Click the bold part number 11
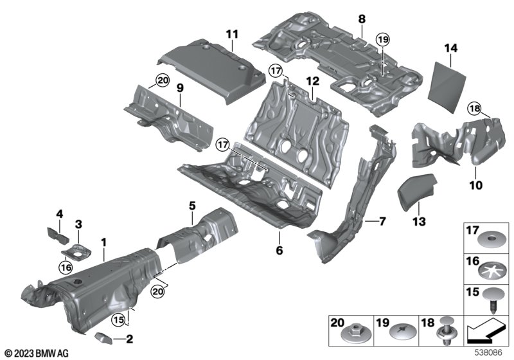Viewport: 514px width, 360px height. coord(232,34)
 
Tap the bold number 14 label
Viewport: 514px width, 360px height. coord(451,48)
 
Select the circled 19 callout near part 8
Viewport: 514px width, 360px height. coord(383,40)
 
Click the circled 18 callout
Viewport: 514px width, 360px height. coord(475,108)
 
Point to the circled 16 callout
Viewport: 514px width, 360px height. coord(66,267)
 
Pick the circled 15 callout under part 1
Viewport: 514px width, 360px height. coord(119,319)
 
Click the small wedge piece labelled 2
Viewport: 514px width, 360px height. coord(103,338)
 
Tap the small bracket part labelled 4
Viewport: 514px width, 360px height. coord(57,233)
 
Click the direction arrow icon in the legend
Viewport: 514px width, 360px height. coord(486,331)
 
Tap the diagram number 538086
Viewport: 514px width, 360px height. coord(489,353)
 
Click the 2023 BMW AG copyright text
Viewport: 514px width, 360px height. coord(37,353)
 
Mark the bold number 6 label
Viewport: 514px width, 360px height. coord(279,250)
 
